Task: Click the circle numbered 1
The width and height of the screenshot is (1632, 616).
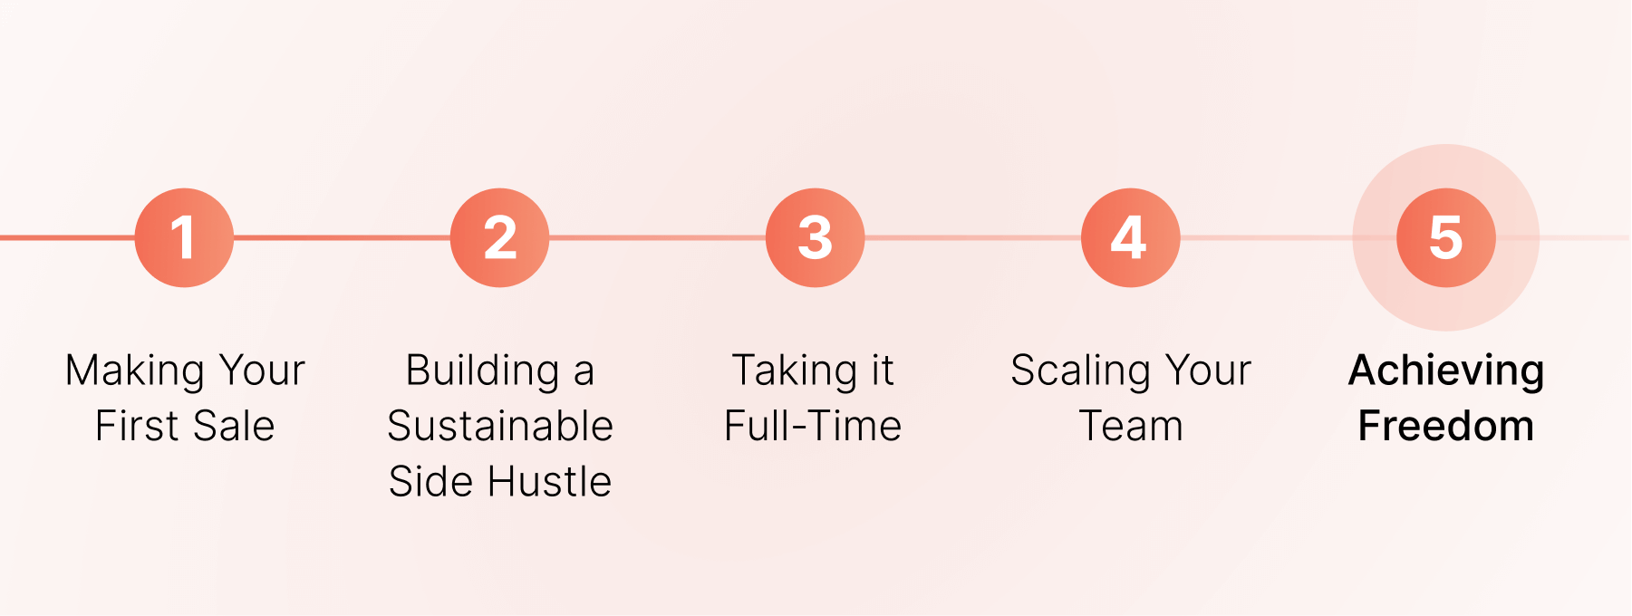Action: (184, 237)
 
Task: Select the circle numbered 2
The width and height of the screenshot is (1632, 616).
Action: (499, 237)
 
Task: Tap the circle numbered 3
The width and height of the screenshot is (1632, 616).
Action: (815, 237)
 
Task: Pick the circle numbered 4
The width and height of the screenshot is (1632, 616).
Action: (1130, 237)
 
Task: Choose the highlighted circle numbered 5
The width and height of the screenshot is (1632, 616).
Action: (1445, 237)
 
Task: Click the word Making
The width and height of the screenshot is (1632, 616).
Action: (135, 371)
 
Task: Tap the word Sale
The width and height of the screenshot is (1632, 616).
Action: (233, 426)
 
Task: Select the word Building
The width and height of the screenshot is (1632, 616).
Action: (482, 371)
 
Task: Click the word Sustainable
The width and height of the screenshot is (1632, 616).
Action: (500, 426)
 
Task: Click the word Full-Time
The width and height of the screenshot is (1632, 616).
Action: (813, 426)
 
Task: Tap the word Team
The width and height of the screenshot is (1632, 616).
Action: (1131, 426)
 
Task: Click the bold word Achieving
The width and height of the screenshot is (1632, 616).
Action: (1446, 371)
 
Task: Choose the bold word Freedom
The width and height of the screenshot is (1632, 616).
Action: (1446, 426)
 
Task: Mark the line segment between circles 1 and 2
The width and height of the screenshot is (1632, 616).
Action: (342, 237)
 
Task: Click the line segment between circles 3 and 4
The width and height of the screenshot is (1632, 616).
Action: (972, 237)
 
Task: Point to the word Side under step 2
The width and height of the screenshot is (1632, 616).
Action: (431, 481)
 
